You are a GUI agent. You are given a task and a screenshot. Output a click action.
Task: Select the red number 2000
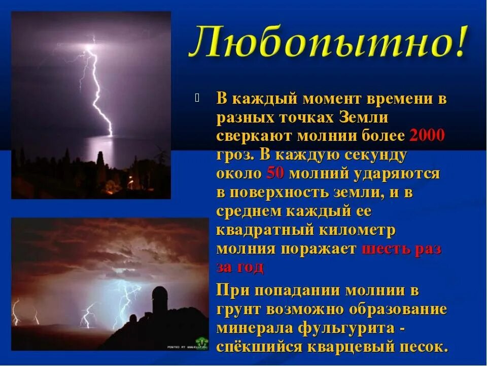[x=427, y=136]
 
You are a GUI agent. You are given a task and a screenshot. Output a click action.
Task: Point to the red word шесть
[x=386, y=249]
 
